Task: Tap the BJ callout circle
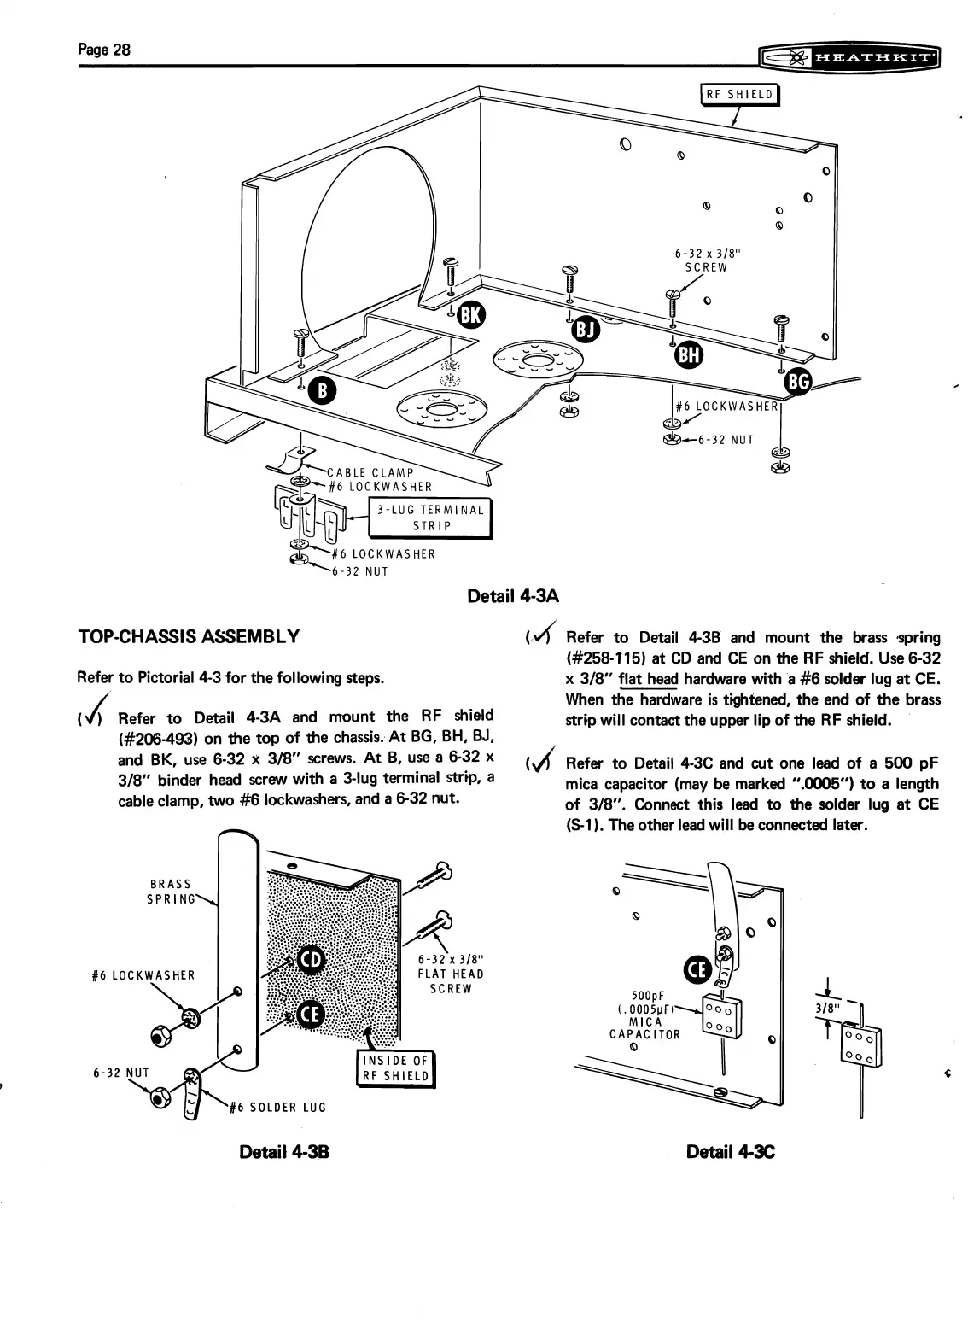coord(585,327)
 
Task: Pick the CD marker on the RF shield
coord(311,962)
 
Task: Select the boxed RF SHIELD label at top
coord(739,95)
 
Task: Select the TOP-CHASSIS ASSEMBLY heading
coord(188,636)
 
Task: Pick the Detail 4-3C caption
coord(731,1152)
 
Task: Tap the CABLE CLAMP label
coord(370,472)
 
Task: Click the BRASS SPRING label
coord(171,892)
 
